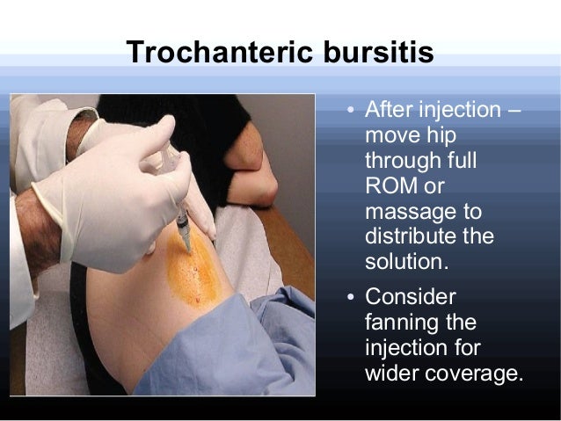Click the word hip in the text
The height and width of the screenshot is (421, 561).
pyautogui.click(x=440, y=137)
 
